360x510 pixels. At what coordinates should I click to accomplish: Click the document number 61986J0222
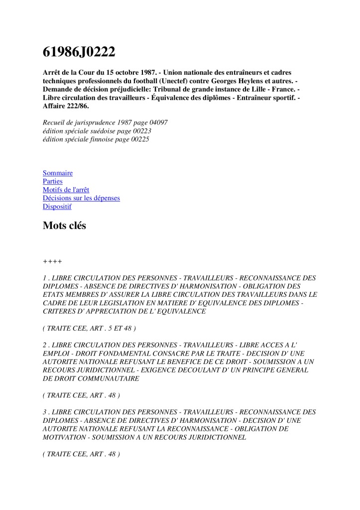click(79, 51)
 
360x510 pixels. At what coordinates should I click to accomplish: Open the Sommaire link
click(58, 173)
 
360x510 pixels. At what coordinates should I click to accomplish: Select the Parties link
click(53, 181)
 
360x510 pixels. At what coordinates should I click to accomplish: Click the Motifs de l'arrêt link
click(66, 190)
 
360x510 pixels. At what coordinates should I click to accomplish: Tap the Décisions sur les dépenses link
click(81, 198)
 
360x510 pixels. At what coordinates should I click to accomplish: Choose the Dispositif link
click(57, 207)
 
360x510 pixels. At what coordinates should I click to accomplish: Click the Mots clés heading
click(64, 226)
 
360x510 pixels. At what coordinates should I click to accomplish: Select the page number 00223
click(140, 131)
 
